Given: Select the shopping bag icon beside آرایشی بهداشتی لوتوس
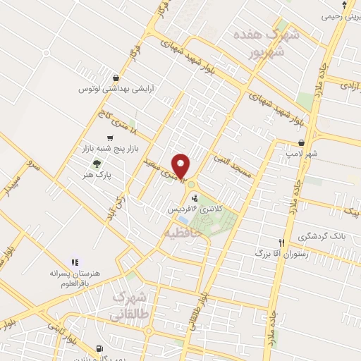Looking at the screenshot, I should pos(115,78).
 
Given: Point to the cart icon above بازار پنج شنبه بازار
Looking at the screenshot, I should pos(109,138).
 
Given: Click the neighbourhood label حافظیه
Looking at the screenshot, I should pos(183,231).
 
